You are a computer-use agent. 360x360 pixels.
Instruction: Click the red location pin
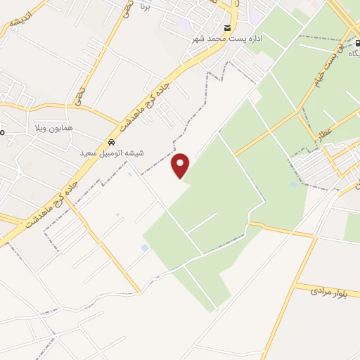tap(181, 166)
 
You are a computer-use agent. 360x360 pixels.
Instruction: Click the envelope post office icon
tap(227, 28)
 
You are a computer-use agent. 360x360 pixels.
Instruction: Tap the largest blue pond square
tap(145, 247)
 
